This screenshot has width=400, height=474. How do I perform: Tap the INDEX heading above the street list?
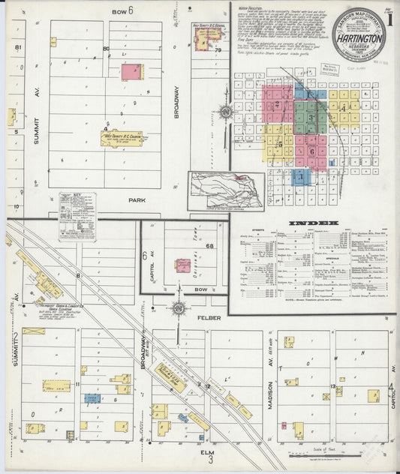coord(313,223)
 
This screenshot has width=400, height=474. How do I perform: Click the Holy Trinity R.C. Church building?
coord(122,139)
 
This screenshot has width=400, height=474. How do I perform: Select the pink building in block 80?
coord(131,72)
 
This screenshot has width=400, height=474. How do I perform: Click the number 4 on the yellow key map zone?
coord(343,107)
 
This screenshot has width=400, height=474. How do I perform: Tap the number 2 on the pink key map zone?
coord(277,105)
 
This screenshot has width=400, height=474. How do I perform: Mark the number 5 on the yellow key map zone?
coord(278,140)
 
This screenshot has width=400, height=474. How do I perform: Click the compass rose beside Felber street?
coord(179,308)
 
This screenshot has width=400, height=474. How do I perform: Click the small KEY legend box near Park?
coord(78,216)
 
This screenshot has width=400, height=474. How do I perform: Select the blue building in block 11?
coord(92,399)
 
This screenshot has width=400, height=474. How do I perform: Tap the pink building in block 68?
coord(183,265)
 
